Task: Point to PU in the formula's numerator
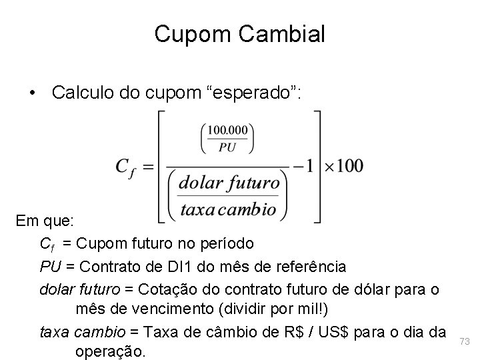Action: tap(227, 147)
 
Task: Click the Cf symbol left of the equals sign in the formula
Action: tap(127, 167)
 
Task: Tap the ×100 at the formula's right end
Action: tap(344, 165)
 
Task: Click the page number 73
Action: tap(465, 341)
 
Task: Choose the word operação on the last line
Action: tap(111, 351)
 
